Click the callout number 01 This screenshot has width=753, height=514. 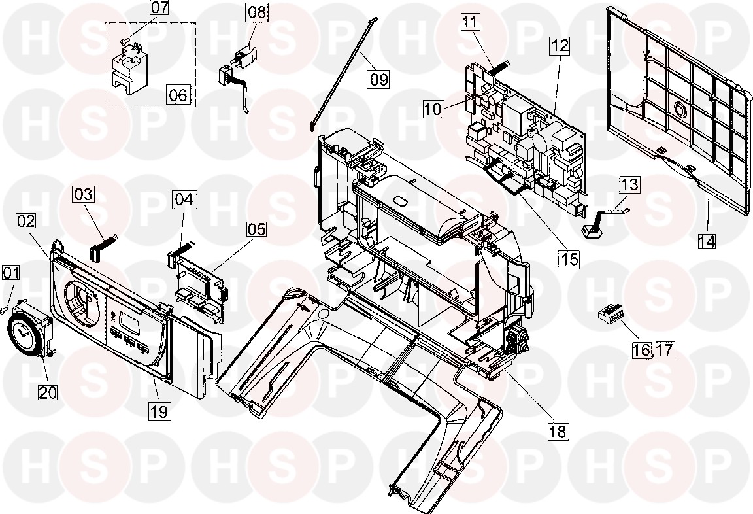tap(11, 273)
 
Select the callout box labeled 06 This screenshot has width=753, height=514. tap(178, 95)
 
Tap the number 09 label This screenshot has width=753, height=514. tap(378, 78)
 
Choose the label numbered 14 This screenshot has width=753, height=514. tap(707, 241)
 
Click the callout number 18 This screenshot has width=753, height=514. tap(558, 431)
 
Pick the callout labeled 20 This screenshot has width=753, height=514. tap(48, 392)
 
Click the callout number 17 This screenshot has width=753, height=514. tap(665, 349)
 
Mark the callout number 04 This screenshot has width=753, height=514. tap(184, 199)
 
